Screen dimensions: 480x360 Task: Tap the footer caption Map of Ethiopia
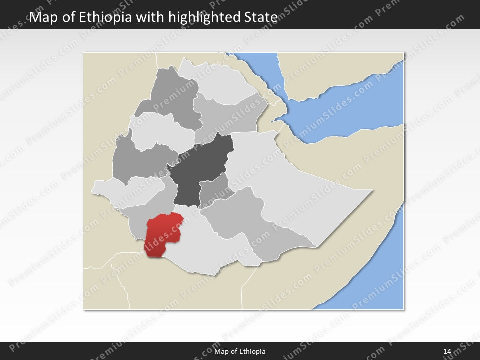pos(240,351)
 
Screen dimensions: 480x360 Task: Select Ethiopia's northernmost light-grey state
pos(215,82)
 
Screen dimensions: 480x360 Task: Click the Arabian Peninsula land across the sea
pos(340,70)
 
